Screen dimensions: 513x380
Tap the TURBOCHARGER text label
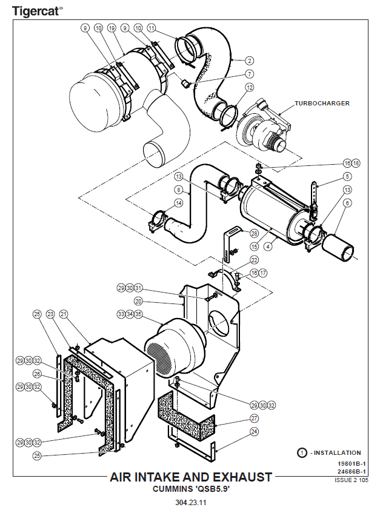coord(322,104)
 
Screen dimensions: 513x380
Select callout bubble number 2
coord(250,60)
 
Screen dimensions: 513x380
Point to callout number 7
coord(250,74)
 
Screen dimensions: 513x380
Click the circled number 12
coord(250,88)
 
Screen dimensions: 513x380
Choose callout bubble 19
coord(112,28)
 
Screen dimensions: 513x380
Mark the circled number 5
coord(347,176)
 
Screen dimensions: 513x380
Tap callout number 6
coord(347,204)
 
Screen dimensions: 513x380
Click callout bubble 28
coord(254,233)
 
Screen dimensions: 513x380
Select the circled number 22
coord(254,260)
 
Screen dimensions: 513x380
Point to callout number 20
coord(138,301)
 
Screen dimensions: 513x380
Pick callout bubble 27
coord(254,419)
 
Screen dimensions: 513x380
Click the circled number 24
coord(254,432)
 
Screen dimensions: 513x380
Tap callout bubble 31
coord(138,288)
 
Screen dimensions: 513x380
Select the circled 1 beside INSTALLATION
coord(301,452)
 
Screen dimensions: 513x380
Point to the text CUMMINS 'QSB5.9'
coord(191,488)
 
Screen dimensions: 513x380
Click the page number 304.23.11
coord(191,502)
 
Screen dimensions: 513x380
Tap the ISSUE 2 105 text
coord(351,480)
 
